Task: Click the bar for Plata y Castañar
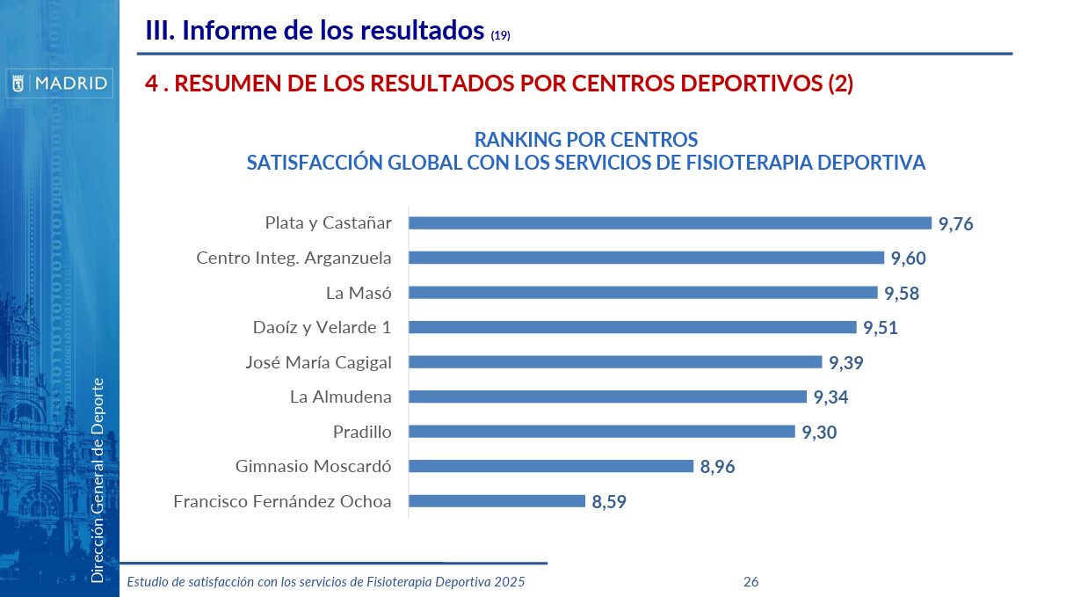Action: [670, 223]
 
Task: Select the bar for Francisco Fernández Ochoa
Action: [497, 501]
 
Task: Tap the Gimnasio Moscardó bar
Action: [551, 467]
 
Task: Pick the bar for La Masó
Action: [642, 293]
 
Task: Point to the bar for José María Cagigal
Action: [615, 362]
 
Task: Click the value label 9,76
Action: [956, 224]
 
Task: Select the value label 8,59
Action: [609, 502]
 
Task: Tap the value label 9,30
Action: [819, 433]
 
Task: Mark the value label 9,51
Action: [881, 328]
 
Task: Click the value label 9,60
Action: [909, 258]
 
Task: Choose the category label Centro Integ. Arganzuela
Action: [294, 258]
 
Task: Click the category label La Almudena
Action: [341, 397]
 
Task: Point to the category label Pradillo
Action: [362, 432]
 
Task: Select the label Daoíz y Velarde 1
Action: [322, 327]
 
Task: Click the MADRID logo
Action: [60, 84]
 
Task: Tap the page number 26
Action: [751, 581]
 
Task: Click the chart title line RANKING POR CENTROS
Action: [586, 140]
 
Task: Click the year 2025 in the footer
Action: [509, 581]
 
